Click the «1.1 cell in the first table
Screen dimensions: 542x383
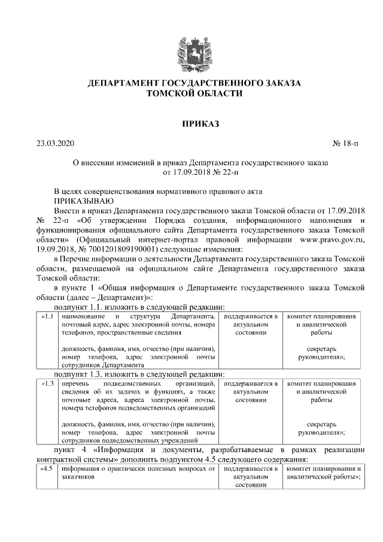click(47, 316)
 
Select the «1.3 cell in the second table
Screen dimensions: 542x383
click(47, 383)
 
